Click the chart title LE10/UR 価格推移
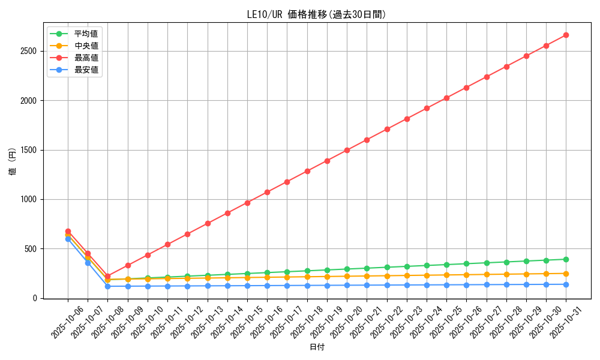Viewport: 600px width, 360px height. [316, 14]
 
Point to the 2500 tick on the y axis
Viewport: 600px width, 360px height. [29, 51]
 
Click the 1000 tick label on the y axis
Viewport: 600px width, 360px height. [29, 199]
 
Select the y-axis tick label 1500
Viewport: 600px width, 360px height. [29, 150]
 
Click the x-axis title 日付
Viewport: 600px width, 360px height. [317, 347]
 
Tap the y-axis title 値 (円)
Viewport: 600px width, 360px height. [13, 163]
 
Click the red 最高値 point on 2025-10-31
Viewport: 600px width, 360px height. [566, 35]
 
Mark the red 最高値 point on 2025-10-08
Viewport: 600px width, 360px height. [107, 276]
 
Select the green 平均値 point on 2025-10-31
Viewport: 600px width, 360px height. [566, 259]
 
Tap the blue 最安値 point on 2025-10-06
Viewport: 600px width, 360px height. [68, 239]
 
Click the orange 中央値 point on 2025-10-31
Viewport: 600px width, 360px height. [566, 274]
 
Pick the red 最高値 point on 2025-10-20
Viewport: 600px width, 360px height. [347, 150]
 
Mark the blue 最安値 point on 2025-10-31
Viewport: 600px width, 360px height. [566, 284]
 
